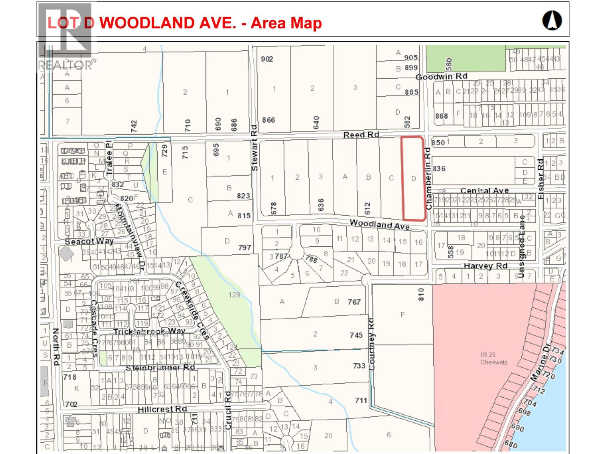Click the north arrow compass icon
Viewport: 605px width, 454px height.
click(552, 20)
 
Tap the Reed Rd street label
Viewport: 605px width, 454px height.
click(361, 135)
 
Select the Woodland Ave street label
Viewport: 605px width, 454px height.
click(379, 224)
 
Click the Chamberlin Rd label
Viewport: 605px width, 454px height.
click(428, 179)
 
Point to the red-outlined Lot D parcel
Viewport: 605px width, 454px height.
click(413, 178)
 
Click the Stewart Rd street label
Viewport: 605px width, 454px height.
click(254, 148)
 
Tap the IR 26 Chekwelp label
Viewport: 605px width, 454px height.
click(493, 358)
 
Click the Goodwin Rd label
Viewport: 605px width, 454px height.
click(441, 76)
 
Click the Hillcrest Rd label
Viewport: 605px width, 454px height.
click(162, 409)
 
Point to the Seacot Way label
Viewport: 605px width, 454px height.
click(89, 241)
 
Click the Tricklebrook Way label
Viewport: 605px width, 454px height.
click(149, 331)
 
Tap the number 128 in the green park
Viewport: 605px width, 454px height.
click(234, 295)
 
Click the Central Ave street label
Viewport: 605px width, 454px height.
click(484, 191)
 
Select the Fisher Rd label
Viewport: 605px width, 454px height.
click(541, 179)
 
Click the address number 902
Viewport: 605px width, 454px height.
click(267, 59)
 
